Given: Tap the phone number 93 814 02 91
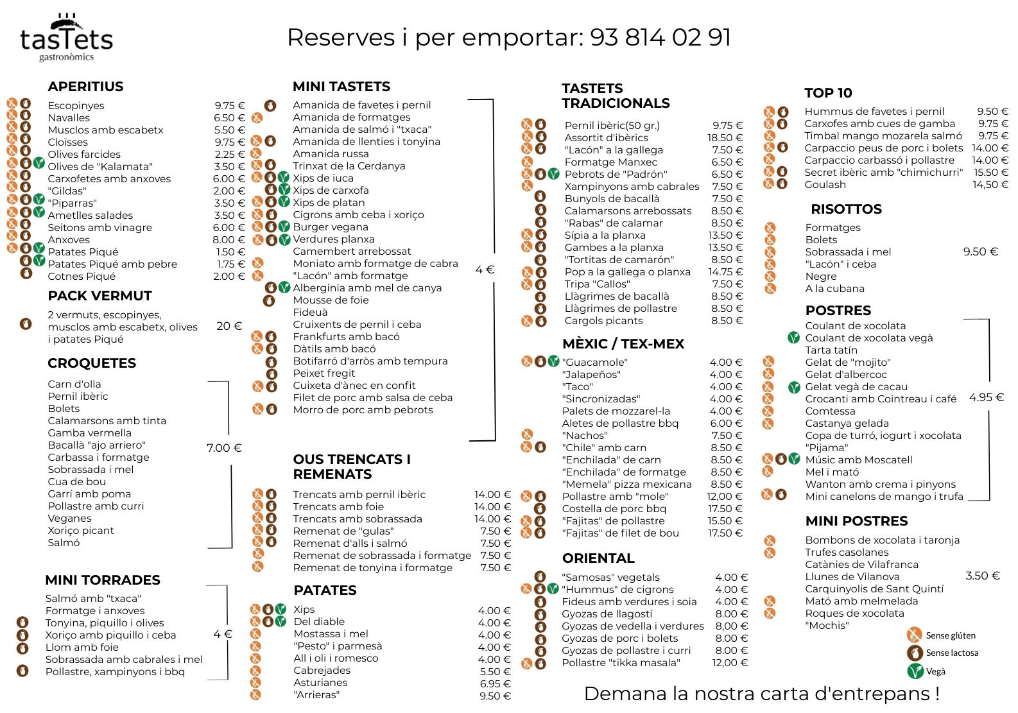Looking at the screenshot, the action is (x=660, y=37).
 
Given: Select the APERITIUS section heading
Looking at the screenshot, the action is (x=85, y=87).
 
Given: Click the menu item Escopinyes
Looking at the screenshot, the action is (x=76, y=106).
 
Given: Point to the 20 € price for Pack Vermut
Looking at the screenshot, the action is (x=229, y=326).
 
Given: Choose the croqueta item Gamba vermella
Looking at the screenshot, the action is (x=89, y=433).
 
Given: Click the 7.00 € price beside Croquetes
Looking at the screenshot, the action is (x=224, y=448).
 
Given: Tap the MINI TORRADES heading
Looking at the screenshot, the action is (x=103, y=580).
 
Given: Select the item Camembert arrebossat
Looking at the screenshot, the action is (x=352, y=252).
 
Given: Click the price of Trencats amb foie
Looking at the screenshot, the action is (x=493, y=507).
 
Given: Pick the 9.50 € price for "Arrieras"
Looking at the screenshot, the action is (x=496, y=696).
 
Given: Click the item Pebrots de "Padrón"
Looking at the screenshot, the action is (x=616, y=175).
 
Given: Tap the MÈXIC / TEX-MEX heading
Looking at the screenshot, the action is (x=623, y=344).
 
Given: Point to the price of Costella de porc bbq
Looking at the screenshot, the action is (x=725, y=509).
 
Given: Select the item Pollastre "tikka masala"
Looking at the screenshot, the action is (x=621, y=663).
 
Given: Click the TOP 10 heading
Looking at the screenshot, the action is (x=828, y=92).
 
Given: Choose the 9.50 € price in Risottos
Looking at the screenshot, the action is (x=980, y=252).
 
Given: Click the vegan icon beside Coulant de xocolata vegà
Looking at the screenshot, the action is (x=793, y=338).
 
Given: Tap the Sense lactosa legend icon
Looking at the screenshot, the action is (x=915, y=653).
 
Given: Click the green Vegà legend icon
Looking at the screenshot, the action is (x=915, y=671).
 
